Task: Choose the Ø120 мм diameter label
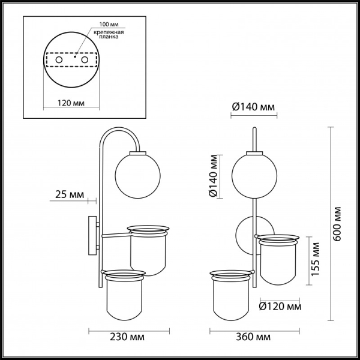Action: pos(280,307)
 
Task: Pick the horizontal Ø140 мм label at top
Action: pos(253,107)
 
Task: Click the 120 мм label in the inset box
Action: pos(71,103)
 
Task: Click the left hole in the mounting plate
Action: pos(58,60)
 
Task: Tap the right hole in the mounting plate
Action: pos(85,60)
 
